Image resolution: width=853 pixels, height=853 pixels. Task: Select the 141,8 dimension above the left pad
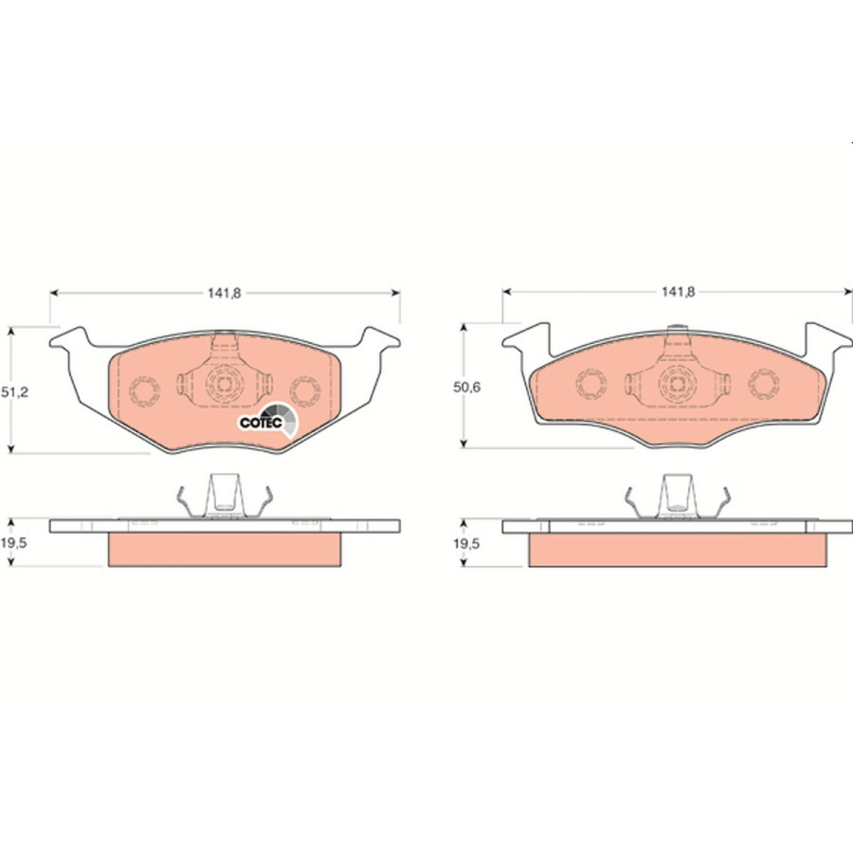(x=224, y=293)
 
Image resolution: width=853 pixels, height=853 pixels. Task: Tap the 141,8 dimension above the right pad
(x=678, y=292)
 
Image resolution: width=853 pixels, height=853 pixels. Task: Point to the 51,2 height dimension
(x=13, y=391)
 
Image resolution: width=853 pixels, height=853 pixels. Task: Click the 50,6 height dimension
(x=466, y=388)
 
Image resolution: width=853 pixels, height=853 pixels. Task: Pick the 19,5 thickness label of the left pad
(x=13, y=542)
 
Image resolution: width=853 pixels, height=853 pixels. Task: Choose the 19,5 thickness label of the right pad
(x=466, y=543)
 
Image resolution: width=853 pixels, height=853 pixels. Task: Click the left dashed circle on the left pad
(x=144, y=390)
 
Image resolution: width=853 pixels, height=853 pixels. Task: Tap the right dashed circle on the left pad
(x=304, y=390)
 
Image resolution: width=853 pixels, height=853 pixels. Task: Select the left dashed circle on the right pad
(x=591, y=384)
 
